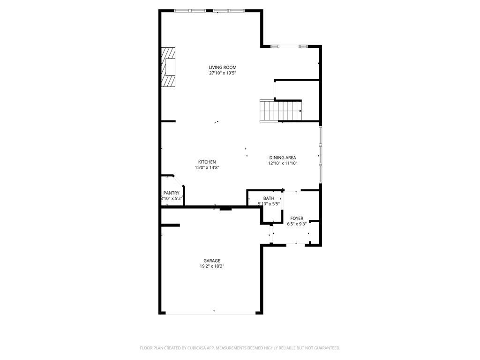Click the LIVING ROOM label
[x=223, y=67]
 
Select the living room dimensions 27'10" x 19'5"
[x=223, y=73]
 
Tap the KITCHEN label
[x=207, y=162]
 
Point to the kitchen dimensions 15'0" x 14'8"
[x=207, y=168]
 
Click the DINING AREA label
[x=282, y=157]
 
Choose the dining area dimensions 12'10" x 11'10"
[x=282, y=163]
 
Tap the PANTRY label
[x=171, y=193]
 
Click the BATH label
[x=269, y=198]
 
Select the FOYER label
[x=297, y=218]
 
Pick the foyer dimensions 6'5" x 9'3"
[x=297, y=224]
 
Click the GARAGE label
[x=212, y=261]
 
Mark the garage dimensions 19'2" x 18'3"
[x=212, y=266]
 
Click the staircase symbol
[x=281, y=111]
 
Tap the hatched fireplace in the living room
[x=168, y=67]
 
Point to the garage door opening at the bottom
[x=211, y=313]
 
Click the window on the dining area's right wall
[x=320, y=155]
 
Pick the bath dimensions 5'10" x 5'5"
[x=269, y=204]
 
